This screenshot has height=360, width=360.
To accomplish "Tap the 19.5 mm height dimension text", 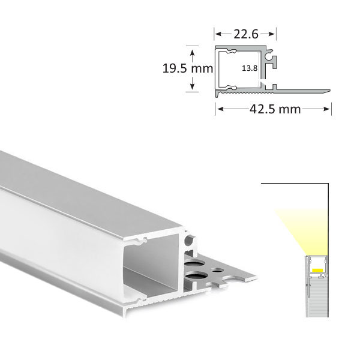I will (x=187, y=68).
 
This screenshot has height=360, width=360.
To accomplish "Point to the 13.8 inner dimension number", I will (x=250, y=68).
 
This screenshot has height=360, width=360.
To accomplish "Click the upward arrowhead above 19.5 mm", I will (x=192, y=48).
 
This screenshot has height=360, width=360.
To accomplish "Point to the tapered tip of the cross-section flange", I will (x=327, y=92).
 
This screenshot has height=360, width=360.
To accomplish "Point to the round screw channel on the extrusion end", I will (x=190, y=242).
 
